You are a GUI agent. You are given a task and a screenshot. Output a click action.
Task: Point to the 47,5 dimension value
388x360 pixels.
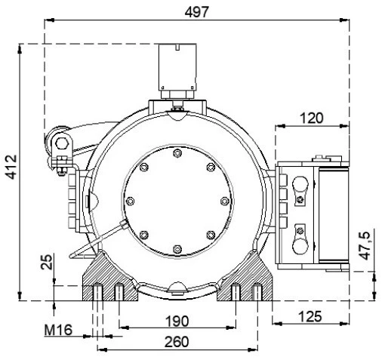(x=365, y=245)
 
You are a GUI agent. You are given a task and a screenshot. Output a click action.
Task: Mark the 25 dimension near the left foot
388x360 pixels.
(x=46, y=261)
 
